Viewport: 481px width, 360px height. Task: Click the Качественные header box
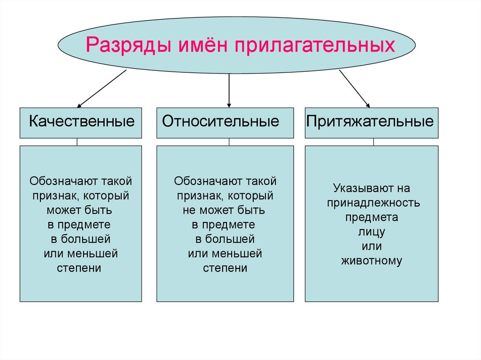click(x=81, y=123)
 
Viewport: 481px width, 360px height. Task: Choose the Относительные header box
click(x=225, y=123)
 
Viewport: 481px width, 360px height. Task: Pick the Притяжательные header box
click(x=372, y=123)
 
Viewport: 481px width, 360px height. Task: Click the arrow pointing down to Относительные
click(x=229, y=89)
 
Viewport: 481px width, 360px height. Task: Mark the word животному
click(x=372, y=261)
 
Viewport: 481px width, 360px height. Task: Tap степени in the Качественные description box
click(x=79, y=268)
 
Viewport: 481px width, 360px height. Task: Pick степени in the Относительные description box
click(x=225, y=268)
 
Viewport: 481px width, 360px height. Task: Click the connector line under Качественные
click(x=77, y=142)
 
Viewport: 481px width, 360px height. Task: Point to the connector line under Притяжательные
click(x=373, y=142)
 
